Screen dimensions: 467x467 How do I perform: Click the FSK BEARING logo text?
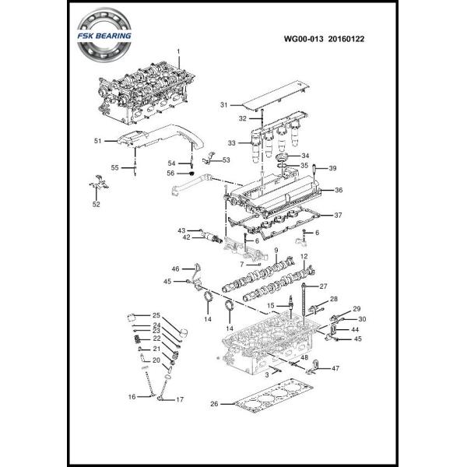pyautogui.click(x=109, y=36)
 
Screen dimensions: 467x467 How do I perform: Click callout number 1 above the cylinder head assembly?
pyautogui.click(x=178, y=52)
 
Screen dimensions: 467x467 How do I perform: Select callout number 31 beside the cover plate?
pyautogui.click(x=223, y=104)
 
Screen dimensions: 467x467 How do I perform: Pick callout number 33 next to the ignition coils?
pyautogui.click(x=232, y=143)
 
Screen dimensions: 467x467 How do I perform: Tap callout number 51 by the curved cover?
pyautogui.click(x=98, y=141)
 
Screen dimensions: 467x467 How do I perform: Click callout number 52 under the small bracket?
pyautogui.click(x=97, y=205)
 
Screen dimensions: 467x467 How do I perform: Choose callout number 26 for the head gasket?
pyautogui.click(x=216, y=404)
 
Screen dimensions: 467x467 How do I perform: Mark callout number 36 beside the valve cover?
pyautogui.click(x=339, y=190)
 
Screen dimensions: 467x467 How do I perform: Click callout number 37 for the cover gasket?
pyautogui.click(x=339, y=215)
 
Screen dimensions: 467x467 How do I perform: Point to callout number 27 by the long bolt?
pyautogui.click(x=324, y=286)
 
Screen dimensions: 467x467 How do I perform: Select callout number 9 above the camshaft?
pyautogui.click(x=276, y=250)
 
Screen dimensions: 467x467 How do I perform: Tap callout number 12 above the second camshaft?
pyautogui.click(x=304, y=256)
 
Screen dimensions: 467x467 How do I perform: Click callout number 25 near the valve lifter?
pyautogui.click(x=156, y=315)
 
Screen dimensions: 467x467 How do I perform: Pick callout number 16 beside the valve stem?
pyautogui.click(x=132, y=397)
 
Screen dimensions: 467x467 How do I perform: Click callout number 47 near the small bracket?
pyautogui.click(x=336, y=367)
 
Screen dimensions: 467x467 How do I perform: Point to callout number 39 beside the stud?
pyautogui.click(x=332, y=169)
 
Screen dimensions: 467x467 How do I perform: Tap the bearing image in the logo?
pyautogui.click(x=109, y=37)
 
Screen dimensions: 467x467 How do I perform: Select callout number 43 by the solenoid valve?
pyautogui.click(x=181, y=230)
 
